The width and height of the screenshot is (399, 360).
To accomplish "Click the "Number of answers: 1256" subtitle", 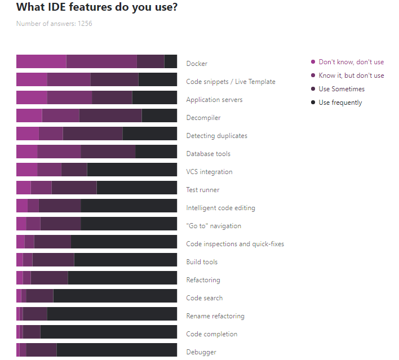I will pyautogui.click(x=54, y=24).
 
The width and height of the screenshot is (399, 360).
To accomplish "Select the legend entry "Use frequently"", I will pyautogui.click(x=340, y=103).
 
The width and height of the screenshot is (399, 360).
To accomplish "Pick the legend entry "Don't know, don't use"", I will pyautogui.click(x=351, y=62).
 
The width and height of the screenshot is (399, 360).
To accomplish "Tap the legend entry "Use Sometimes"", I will pyautogui.click(x=341, y=89).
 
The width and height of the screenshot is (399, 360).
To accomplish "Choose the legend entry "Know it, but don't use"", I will pyautogui.click(x=351, y=75).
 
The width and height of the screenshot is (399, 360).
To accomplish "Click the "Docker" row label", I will pyautogui.click(x=197, y=64).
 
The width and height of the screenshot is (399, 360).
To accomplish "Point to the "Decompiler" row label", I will pyautogui.click(x=203, y=118).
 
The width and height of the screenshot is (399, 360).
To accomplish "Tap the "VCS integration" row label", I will pyautogui.click(x=209, y=172).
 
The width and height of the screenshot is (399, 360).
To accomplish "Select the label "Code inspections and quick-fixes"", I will pyautogui.click(x=235, y=244).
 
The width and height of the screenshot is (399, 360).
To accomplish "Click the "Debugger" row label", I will pyautogui.click(x=201, y=352).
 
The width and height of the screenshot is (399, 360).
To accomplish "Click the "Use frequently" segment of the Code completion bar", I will pyautogui.click(x=108, y=332).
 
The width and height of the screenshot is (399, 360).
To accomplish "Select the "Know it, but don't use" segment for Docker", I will pyautogui.click(x=101, y=61).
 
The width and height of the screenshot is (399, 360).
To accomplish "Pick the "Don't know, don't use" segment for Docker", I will pyautogui.click(x=41, y=61).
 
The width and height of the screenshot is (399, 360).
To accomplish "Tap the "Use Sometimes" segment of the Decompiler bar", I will pyautogui.click(x=110, y=115).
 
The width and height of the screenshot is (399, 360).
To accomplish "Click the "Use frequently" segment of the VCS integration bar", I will pyautogui.click(x=132, y=170).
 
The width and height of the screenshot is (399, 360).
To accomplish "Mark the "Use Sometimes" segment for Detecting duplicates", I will pyautogui.click(x=92, y=134).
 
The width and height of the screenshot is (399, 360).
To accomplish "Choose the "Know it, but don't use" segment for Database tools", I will pyautogui.click(x=59, y=152).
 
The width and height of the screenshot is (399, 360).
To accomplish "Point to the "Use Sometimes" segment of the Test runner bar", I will pyautogui.click(x=74, y=188).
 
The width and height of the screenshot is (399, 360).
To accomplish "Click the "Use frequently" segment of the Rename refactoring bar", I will pyautogui.click(x=112, y=314).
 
